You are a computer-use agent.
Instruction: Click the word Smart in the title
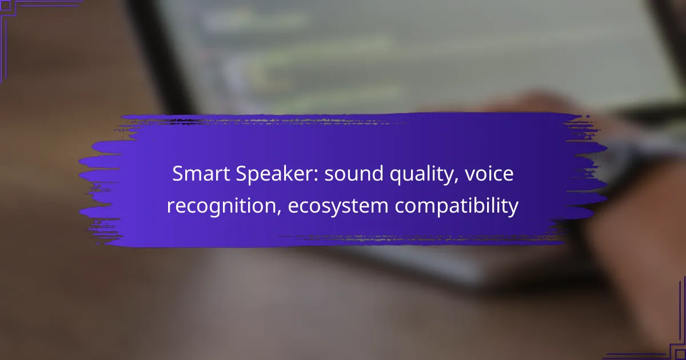point(201,174)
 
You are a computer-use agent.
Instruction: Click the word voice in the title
point(489,174)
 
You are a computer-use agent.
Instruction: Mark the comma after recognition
point(279,213)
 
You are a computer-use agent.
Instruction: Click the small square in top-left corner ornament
point(5,5)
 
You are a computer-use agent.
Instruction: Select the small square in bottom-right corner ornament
point(680,354)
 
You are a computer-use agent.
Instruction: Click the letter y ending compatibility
point(513,209)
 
